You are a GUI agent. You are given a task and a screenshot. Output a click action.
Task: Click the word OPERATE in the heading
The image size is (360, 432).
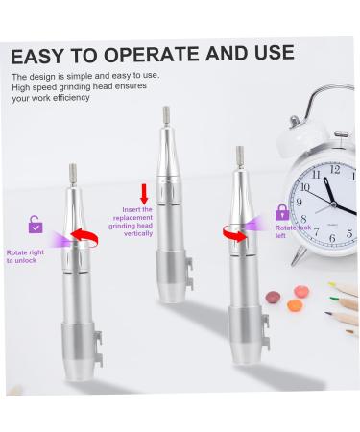point(140,53)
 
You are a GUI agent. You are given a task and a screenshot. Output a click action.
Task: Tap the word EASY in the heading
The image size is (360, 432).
point(39,53)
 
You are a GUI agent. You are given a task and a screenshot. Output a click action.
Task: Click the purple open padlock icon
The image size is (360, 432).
point(35,225)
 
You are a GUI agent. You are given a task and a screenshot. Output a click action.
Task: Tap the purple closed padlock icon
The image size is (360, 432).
point(282,212)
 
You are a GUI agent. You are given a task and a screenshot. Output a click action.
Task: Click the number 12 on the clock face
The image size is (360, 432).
point(334,171)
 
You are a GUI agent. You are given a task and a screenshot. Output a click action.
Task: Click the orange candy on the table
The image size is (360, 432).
point(273,295)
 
